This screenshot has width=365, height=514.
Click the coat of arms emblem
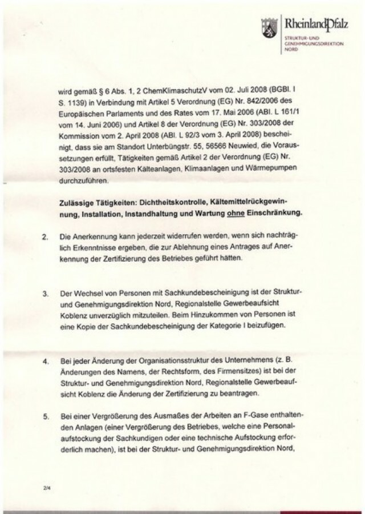(x=266, y=27)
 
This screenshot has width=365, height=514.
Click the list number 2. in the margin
(x=45, y=236)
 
